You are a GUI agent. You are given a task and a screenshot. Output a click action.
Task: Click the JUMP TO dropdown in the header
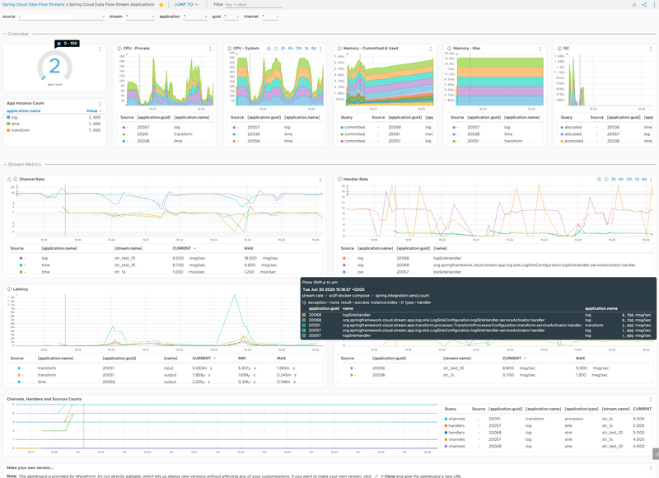[183, 5]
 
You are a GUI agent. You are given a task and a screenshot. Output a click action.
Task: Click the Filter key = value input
[247, 5]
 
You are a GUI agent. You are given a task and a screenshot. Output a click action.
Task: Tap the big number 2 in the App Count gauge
[55, 67]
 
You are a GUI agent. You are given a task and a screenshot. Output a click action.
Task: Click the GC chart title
[566, 49]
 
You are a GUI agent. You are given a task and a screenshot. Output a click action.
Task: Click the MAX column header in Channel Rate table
[249, 248]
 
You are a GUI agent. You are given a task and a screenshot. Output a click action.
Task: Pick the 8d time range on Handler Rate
[643, 179]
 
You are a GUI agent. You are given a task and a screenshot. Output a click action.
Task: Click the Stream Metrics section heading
[26, 165]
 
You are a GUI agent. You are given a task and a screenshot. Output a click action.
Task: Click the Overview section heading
[18, 34]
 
